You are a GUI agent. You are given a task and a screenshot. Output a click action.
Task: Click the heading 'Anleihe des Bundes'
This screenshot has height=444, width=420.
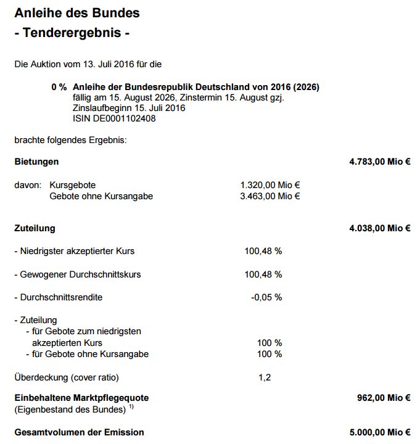pos(76,13)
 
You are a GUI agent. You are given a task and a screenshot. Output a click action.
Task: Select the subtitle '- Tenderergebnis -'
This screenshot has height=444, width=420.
pos(72,33)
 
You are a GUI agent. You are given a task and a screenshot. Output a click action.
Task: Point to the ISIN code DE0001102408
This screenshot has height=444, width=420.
pos(114,118)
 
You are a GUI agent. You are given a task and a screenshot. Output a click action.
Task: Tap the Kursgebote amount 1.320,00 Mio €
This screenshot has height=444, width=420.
pos(270,185)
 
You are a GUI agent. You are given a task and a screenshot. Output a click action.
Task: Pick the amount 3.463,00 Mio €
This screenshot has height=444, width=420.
pos(270,196)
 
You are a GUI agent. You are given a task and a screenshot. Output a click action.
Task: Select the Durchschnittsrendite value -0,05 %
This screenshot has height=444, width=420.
pos(266,297)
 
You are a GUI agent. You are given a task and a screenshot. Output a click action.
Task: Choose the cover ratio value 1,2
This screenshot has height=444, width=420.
pos(265,377)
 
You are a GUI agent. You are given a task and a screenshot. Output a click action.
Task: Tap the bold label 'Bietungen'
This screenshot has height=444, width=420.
pos(36,162)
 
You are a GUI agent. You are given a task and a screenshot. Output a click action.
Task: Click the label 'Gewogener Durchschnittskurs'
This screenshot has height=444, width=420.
pos(77,274)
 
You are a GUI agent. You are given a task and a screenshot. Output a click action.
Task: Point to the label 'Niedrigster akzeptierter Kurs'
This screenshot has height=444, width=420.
pos(75,251)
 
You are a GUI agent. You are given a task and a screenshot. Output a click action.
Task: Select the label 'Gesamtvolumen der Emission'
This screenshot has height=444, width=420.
pos(79,432)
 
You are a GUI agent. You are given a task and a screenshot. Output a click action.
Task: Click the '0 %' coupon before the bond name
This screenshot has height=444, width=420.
pos(59,87)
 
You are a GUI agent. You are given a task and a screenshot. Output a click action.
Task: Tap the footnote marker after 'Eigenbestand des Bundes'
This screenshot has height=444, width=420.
pos(131,407)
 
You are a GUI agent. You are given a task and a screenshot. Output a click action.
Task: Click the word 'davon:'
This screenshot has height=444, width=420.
pos(28,185)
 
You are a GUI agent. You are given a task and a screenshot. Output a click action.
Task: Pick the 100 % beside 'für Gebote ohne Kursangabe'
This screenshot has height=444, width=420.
pos(270,354)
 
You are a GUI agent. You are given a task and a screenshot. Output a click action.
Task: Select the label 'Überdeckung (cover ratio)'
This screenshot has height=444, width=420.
pos(67,377)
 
